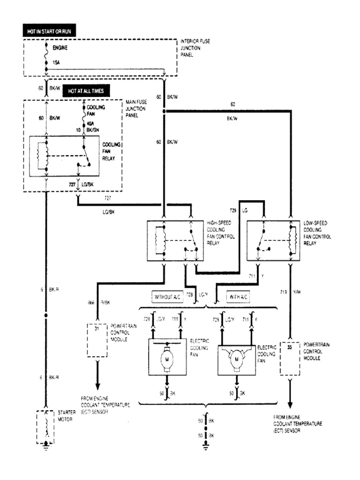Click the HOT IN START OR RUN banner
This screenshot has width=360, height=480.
point(49,32)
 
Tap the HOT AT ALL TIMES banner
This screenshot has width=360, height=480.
point(86,91)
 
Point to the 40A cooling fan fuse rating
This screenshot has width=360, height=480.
point(90,124)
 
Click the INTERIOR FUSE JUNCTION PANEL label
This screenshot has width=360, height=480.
point(195,47)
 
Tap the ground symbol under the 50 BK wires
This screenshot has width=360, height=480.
point(205,446)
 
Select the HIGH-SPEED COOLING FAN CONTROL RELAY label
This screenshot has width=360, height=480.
point(221,233)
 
